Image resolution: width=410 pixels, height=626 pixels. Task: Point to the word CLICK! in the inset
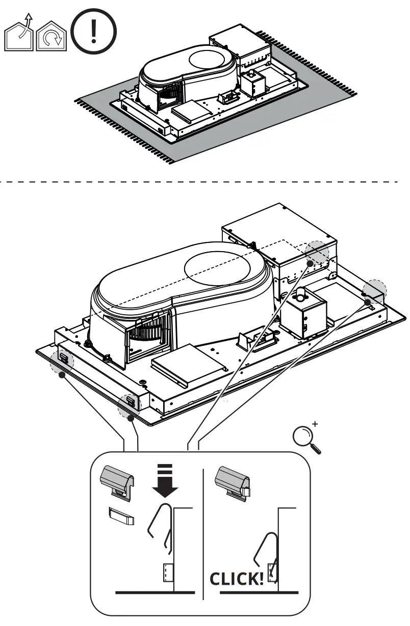[x=236, y=579]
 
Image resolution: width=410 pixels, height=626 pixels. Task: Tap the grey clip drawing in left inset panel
[x=119, y=480]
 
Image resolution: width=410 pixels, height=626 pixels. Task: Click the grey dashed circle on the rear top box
[x=317, y=253]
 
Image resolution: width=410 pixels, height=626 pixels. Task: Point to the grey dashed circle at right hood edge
[x=374, y=290]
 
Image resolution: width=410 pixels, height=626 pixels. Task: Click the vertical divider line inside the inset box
[x=203, y=535]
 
